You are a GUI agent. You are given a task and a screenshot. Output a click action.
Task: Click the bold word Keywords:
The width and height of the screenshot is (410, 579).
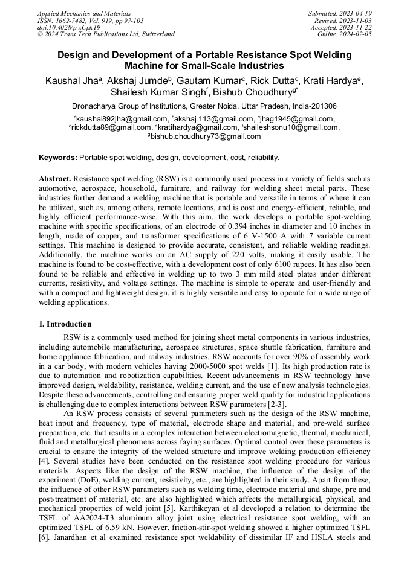tap(58, 158)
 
